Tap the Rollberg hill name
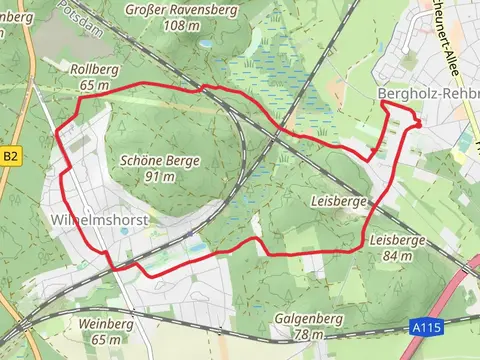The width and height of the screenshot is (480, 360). (95, 70)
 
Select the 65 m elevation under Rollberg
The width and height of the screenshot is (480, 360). (95, 86)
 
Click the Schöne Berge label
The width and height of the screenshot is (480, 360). (160, 161)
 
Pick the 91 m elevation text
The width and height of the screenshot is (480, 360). (160, 177)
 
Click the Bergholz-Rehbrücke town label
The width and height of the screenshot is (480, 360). (429, 93)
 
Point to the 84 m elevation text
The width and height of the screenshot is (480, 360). (398, 256)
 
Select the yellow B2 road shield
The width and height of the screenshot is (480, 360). (11, 156)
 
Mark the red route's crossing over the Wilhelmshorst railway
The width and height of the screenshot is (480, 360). (118, 267)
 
